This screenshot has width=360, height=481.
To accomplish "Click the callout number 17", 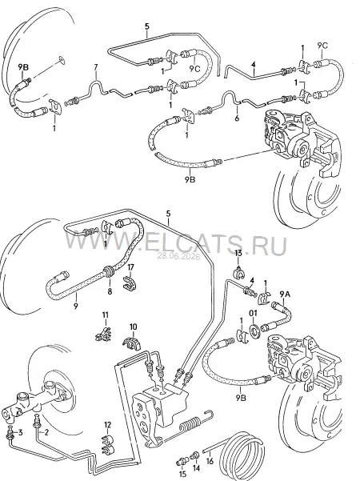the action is pos(131,267).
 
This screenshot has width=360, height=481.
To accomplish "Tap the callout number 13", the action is pos(238,253).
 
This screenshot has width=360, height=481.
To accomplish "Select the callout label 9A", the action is pos(284,295).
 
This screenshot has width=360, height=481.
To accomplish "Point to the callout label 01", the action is pos(253,313).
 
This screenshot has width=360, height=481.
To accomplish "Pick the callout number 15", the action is pos(182,475).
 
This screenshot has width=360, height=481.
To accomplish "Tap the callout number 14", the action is pos(196,468).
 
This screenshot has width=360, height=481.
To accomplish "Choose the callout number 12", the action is pos(107,425).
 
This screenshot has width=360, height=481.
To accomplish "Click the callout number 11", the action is pos(106,315).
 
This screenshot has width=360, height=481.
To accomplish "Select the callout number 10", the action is pos(134,327).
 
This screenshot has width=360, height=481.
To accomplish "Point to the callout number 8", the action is pos(110,291).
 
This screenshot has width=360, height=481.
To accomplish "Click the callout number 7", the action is pos(96,66).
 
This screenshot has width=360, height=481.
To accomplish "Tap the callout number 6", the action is pos(237,118).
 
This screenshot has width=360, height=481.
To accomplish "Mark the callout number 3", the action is pos(20,433).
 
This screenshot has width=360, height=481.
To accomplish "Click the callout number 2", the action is pos(46,432).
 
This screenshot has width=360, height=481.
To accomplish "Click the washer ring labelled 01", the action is pos(254,331).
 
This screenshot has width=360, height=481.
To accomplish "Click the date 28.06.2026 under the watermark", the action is pos(178,256).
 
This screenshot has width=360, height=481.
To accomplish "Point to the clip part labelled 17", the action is pos(130,283).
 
